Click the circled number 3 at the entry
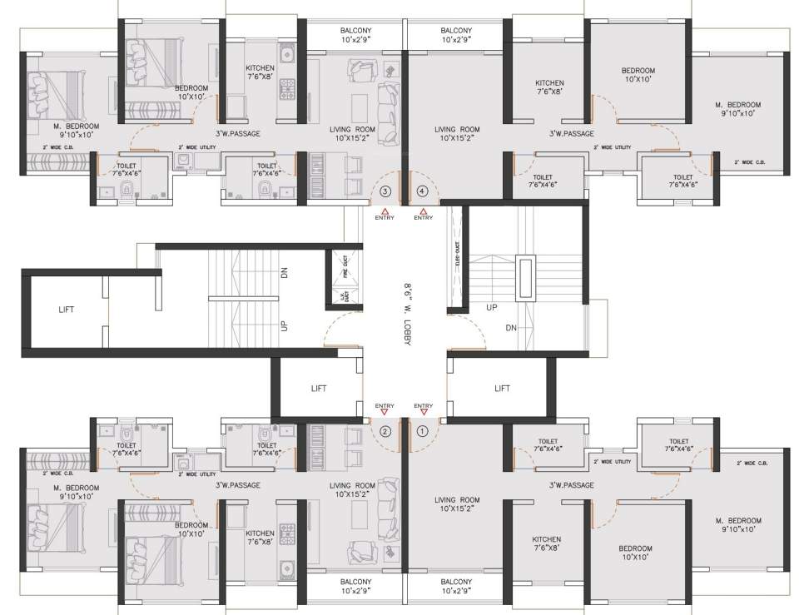tap(385, 191)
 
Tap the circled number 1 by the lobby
tap(422, 431)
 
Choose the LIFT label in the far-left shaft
tap(67, 310)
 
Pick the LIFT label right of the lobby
tap(502, 389)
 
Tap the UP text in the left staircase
tap(285, 325)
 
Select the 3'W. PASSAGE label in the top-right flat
tap(571, 133)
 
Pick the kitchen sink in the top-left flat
tap(287, 55)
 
